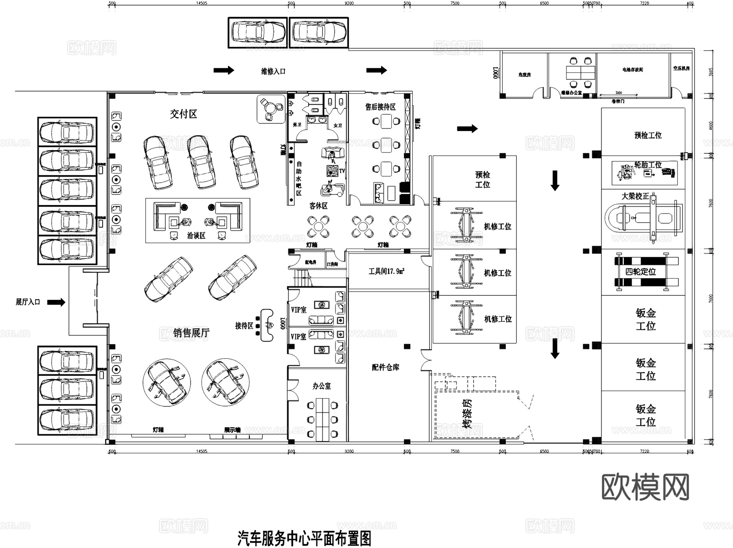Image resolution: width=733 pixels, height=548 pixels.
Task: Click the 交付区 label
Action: pos(183,114)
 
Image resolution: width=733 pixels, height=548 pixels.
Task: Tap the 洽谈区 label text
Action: pos(196,236)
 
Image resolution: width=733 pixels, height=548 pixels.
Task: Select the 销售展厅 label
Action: pos(191,333)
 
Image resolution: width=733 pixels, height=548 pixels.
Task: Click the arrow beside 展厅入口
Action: pos(56,302)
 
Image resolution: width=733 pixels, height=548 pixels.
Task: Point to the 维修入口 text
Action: pos(273,71)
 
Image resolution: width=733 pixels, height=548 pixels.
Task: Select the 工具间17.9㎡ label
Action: pos(386,271)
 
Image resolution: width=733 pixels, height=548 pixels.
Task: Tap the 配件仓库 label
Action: pos(385,367)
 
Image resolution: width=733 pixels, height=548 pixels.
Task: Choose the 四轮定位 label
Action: pos(641,272)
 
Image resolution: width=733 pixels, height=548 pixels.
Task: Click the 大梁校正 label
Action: pos(635,196)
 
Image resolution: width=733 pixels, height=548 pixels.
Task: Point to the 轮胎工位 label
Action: pos(648,165)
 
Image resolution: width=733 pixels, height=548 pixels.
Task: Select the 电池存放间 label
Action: pos(632,70)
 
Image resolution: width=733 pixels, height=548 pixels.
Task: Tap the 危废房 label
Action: pos(525,75)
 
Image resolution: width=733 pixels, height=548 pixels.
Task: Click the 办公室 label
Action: pos(322,386)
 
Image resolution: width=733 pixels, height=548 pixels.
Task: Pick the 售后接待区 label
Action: pos(380,107)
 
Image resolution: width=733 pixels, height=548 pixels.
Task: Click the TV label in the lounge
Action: pos(342,171)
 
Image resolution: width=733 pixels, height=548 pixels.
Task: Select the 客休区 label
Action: pos(318,206)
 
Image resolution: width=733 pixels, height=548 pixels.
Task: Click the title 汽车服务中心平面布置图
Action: pos(304,539)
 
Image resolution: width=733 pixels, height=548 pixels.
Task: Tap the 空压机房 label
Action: pos(681,68)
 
